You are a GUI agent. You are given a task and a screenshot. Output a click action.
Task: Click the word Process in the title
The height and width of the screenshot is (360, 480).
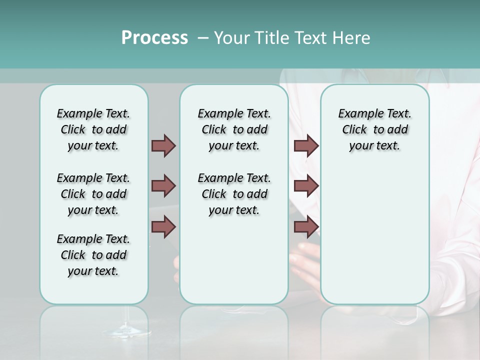pos(154,38)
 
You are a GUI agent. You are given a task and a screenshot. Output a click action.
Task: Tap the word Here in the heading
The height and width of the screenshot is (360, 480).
pos(352,38)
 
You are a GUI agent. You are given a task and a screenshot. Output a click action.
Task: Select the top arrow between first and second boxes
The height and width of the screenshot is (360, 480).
pos(163,145)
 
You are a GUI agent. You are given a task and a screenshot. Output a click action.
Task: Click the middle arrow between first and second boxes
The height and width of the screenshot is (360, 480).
pos(163,186)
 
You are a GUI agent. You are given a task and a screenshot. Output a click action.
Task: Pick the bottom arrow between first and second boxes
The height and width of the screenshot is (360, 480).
pos(163,226)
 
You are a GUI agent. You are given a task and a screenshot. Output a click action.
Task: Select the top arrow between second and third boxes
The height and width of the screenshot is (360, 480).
pos(306,145)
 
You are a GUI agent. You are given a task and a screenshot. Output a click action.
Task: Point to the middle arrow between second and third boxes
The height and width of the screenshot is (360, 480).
pos(306,186)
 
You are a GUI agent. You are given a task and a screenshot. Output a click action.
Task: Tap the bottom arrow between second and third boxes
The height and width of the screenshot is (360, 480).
pos(306,226)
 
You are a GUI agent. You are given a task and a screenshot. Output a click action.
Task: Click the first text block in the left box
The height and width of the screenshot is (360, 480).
pos(93,129)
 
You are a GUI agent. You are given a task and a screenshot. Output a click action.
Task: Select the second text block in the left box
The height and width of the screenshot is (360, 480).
pos(93,194)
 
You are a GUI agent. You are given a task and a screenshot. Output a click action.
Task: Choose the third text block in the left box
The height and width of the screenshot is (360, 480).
pos(93,255)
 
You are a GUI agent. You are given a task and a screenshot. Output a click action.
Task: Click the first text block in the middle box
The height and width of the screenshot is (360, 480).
pos(234,129)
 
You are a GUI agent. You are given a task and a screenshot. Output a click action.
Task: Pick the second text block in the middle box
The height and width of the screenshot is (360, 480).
pos(234,194)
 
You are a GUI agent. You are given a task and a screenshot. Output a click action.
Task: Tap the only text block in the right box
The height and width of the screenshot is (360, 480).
pos(374,129)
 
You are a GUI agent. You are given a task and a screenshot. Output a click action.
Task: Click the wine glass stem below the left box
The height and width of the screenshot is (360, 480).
pos(125,320)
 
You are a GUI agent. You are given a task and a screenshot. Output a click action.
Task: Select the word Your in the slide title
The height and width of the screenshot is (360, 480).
pos(231,38)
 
